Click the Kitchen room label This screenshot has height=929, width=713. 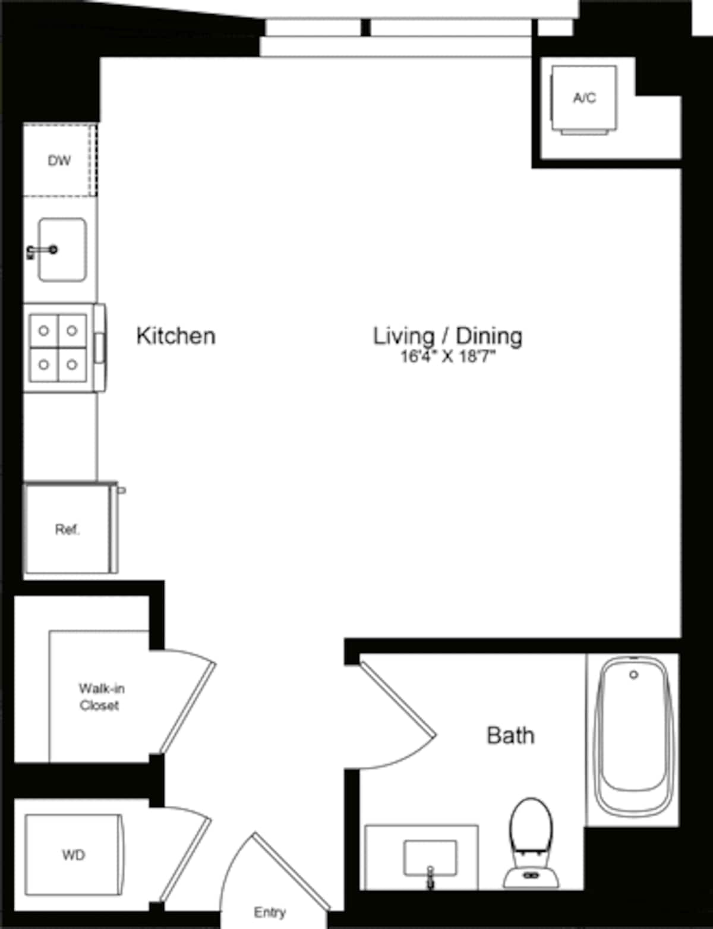(x=176, y=336)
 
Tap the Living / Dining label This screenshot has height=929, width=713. (x=448, y=336)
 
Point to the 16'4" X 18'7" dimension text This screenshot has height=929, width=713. (x=448, y=357)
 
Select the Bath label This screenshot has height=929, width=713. (x=510, y=736)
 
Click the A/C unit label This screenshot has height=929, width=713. (x=584, y=98)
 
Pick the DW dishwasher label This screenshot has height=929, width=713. (x=59, y=160)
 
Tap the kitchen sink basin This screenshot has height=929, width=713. (x=62, y=250)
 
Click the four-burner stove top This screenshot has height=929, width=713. (x=58, y=348)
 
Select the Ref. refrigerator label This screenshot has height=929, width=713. (x=68, y=530)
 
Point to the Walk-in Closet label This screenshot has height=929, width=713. (x=101, y=697)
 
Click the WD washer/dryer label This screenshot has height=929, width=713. (x=74, y=855)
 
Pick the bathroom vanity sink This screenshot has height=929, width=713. (x=430, y=858)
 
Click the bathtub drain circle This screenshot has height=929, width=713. (x=633, y=675)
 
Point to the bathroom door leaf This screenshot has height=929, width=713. (x=398, y=700)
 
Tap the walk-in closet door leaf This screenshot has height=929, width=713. (x=188, y=707)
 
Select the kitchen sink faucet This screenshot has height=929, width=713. (x=42, y=250)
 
